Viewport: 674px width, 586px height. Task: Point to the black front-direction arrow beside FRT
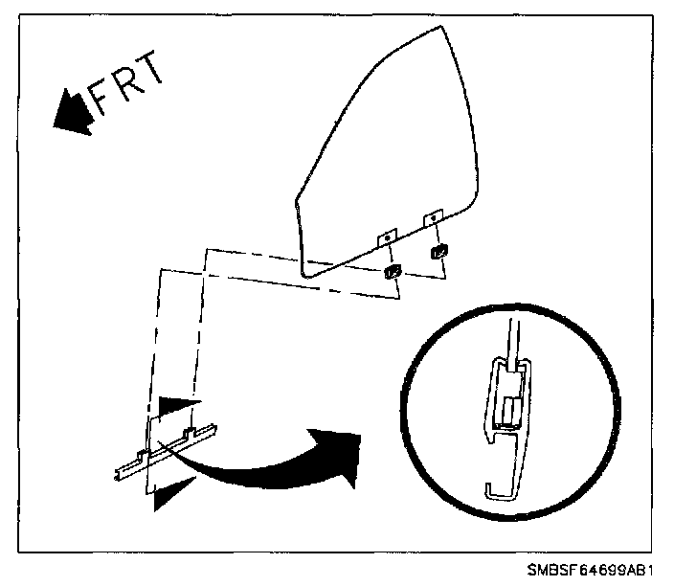point(69,109)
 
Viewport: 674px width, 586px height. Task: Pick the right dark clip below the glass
point(439,252)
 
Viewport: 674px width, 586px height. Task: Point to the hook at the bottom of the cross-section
point(498,489)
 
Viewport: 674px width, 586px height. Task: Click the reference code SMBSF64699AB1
point(593,571)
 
